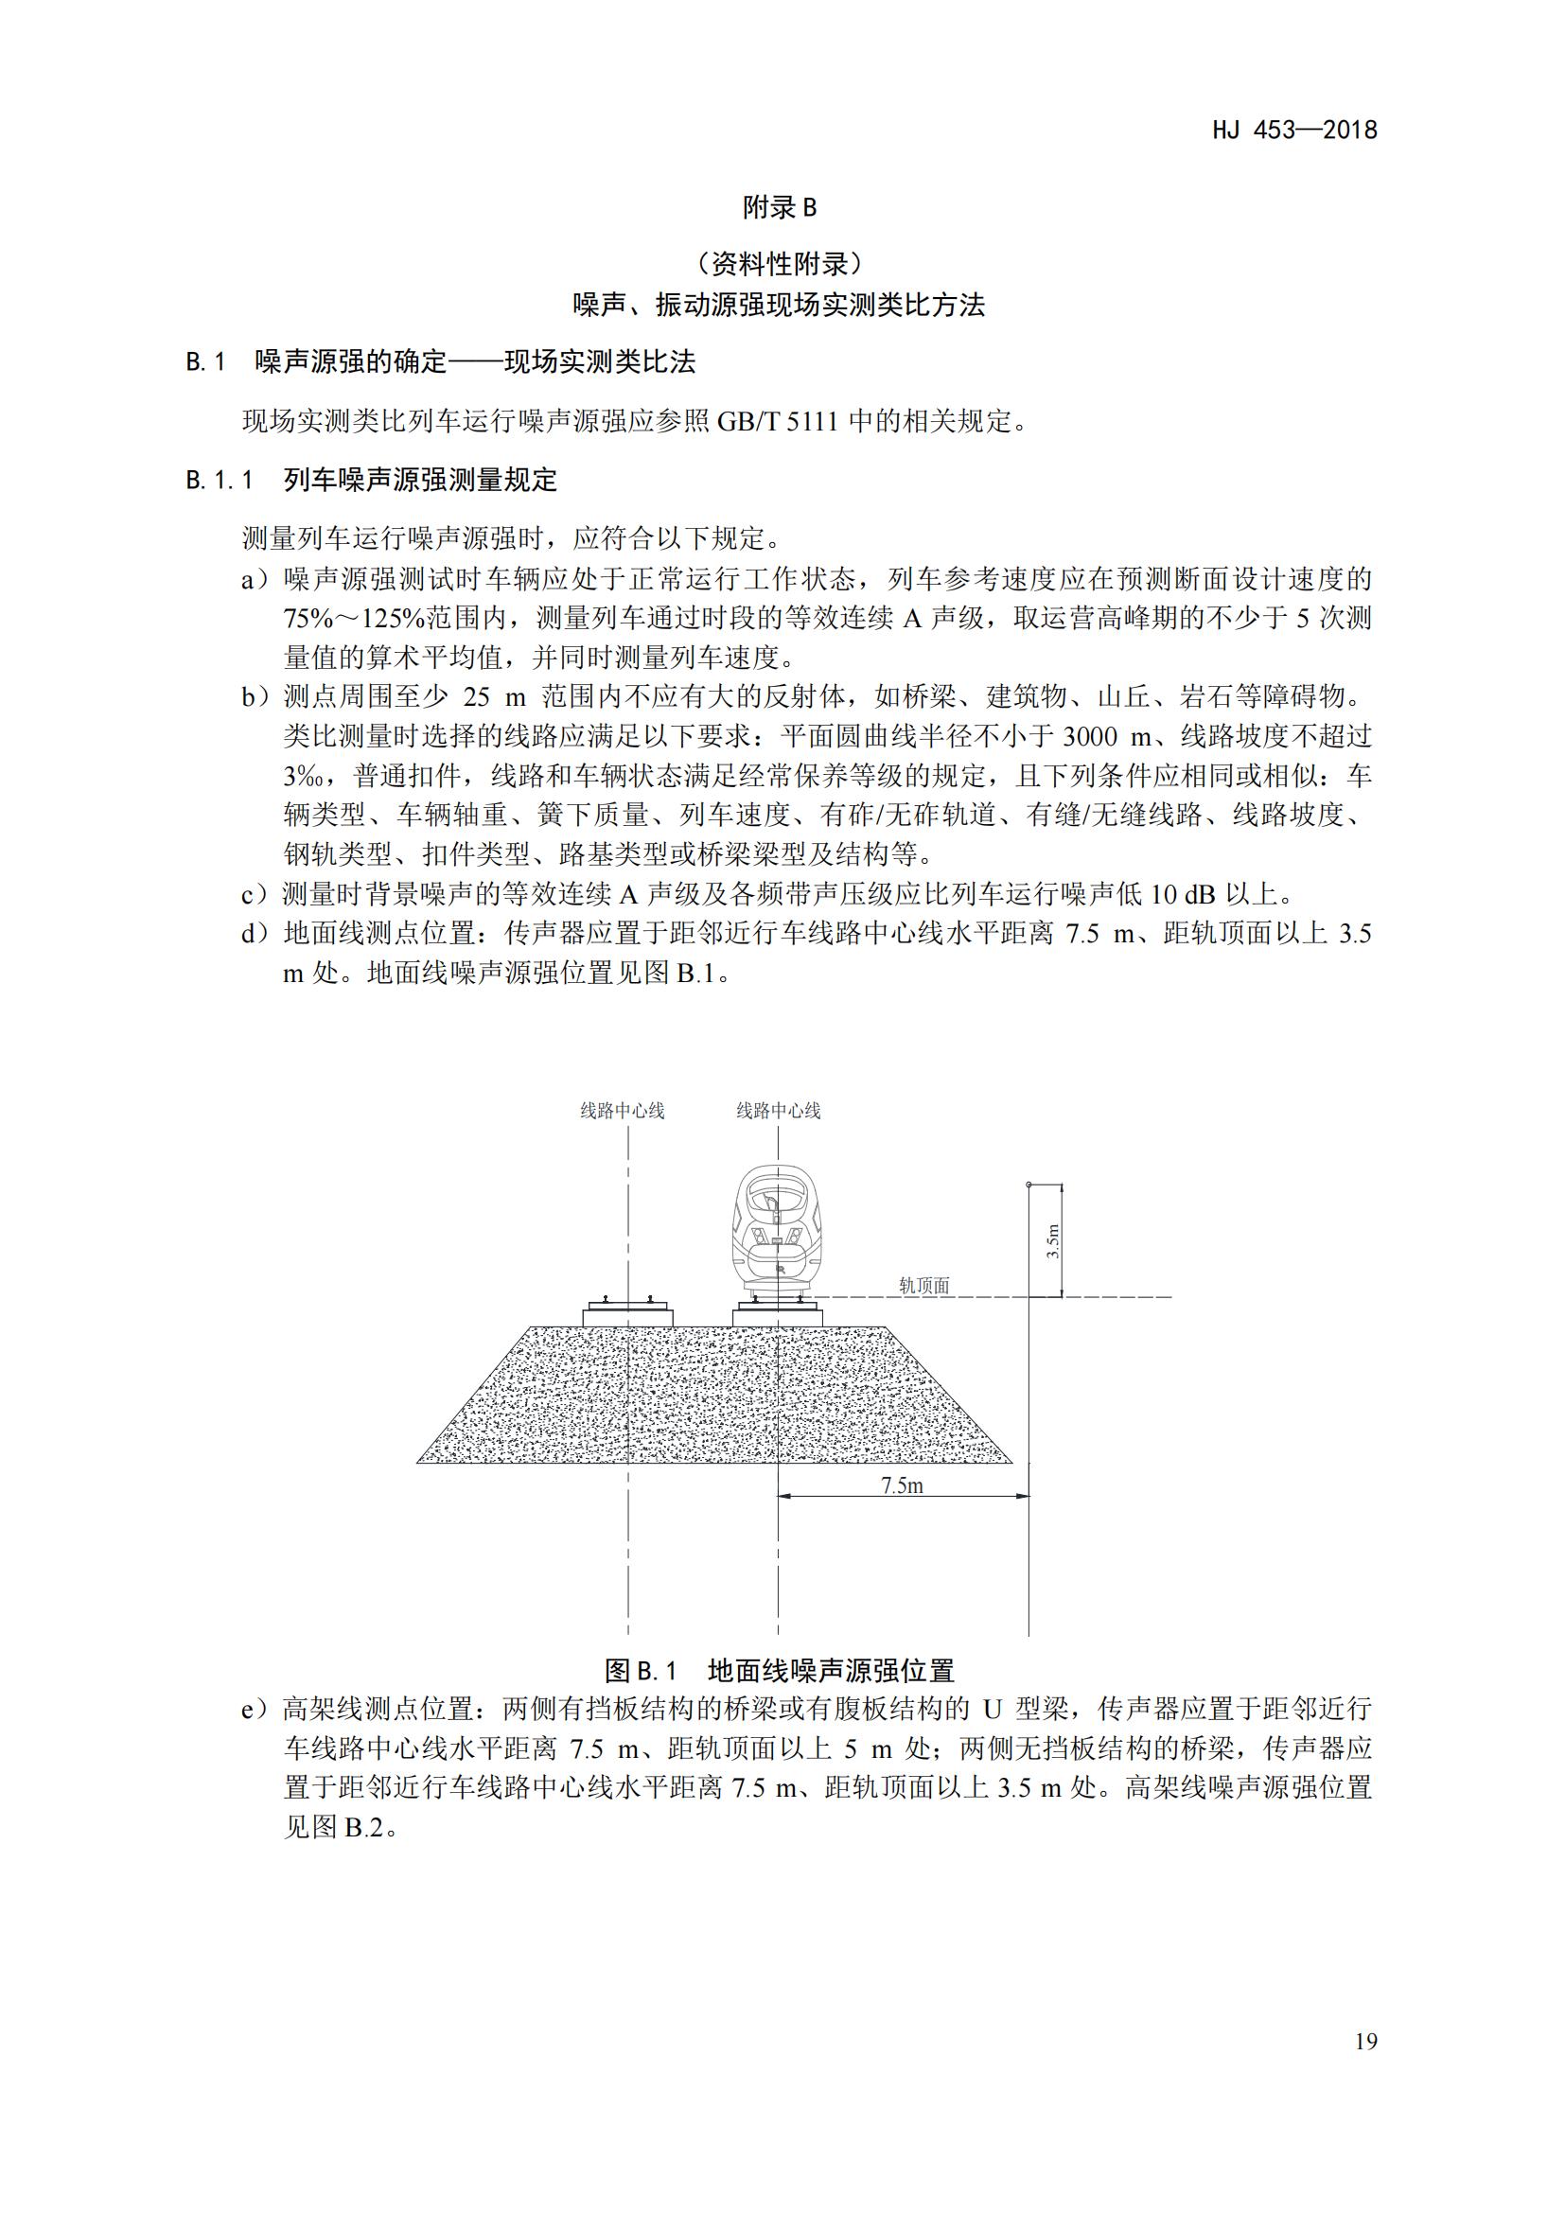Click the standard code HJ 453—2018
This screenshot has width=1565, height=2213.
pyautogui.click(x=1294, y=131)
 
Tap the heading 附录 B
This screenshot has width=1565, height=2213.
pyautogui.click(x=780, y=207)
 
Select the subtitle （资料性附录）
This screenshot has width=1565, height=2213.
pyautogui.click(x=780, y=262)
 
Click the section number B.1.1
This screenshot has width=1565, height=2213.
pyautogui.click(x=220, y=480)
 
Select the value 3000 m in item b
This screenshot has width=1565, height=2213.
pyautogui.click(x=1106, y=736)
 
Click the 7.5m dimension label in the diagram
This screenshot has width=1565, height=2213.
pyautogui.click(x=902, y=1485)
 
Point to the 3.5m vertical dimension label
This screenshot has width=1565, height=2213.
pyautogui.click(x=1053, y=1241)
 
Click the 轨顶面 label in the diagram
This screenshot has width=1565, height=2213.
pyautogui.click(x=924, y=1285)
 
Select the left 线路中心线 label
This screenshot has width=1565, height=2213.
pyautogui.click(x=623, y=1111)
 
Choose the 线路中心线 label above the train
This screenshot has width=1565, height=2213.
pyautogui.click(x=779, y=1111)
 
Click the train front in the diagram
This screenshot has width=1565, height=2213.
pyautogui.click(x=778, y=1232)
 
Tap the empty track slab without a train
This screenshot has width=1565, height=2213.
pyautogui.click(x=628, y=1314)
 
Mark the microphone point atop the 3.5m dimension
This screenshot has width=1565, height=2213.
pyautogui.click(x=1029, y=1184)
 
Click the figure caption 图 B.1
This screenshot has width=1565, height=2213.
pyautogui.click(x=642, y=1670)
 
